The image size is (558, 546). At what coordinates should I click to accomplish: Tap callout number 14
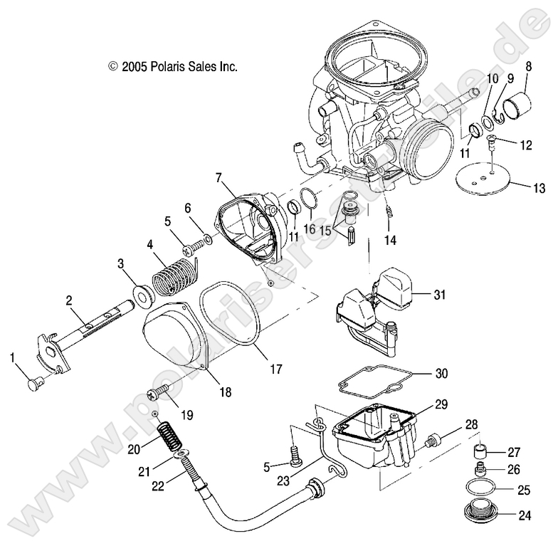(x=389, y=240)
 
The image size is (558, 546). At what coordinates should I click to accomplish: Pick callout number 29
(x=441, y=404)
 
